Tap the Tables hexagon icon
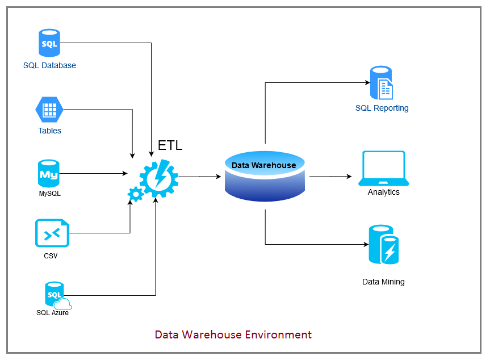(x=49, y=110)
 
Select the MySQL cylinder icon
(x=49, y=174)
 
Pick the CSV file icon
(x=52, y=233)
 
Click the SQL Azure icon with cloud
(x=56, y=295)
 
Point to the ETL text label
(x=170, y=145)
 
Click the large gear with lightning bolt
(x=158, y=178)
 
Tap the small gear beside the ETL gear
(x=135, y=194)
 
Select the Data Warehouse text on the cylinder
(x=264, y=165)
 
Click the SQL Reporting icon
(x=382, y=83)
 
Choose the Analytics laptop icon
(x=384, y=169)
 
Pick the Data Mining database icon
(x=383, y=245)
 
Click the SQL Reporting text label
(x=382, y=108)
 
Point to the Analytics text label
(x=384, y=192)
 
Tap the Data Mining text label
(x=384, y=282)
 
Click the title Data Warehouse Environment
(x=233, y=334)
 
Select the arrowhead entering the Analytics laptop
(x=349, y=177)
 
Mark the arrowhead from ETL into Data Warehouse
(x=219, y=177)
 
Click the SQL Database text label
(x=49, y=65)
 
